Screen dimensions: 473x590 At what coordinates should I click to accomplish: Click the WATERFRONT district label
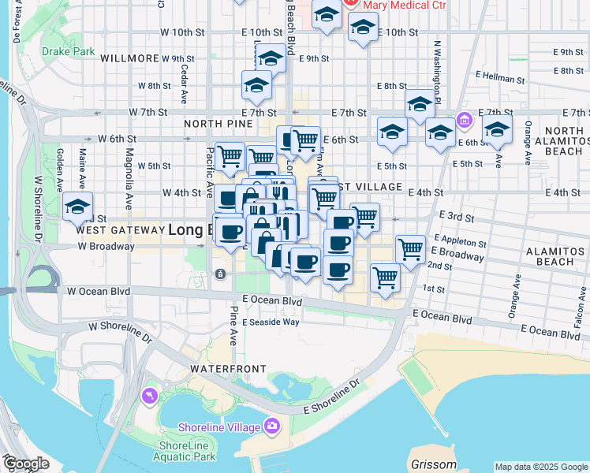point(223,369)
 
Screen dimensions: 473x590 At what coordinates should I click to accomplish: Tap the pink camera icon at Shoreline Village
point(272,426)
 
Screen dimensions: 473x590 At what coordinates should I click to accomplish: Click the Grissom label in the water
point(434,464)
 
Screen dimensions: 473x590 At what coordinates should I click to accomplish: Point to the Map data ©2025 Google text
point(540,467)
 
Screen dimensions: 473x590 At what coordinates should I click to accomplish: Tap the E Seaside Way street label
point(271,322)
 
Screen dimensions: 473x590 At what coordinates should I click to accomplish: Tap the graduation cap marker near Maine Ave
point(77,207)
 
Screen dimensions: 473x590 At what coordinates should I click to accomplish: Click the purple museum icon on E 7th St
point(465,121)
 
